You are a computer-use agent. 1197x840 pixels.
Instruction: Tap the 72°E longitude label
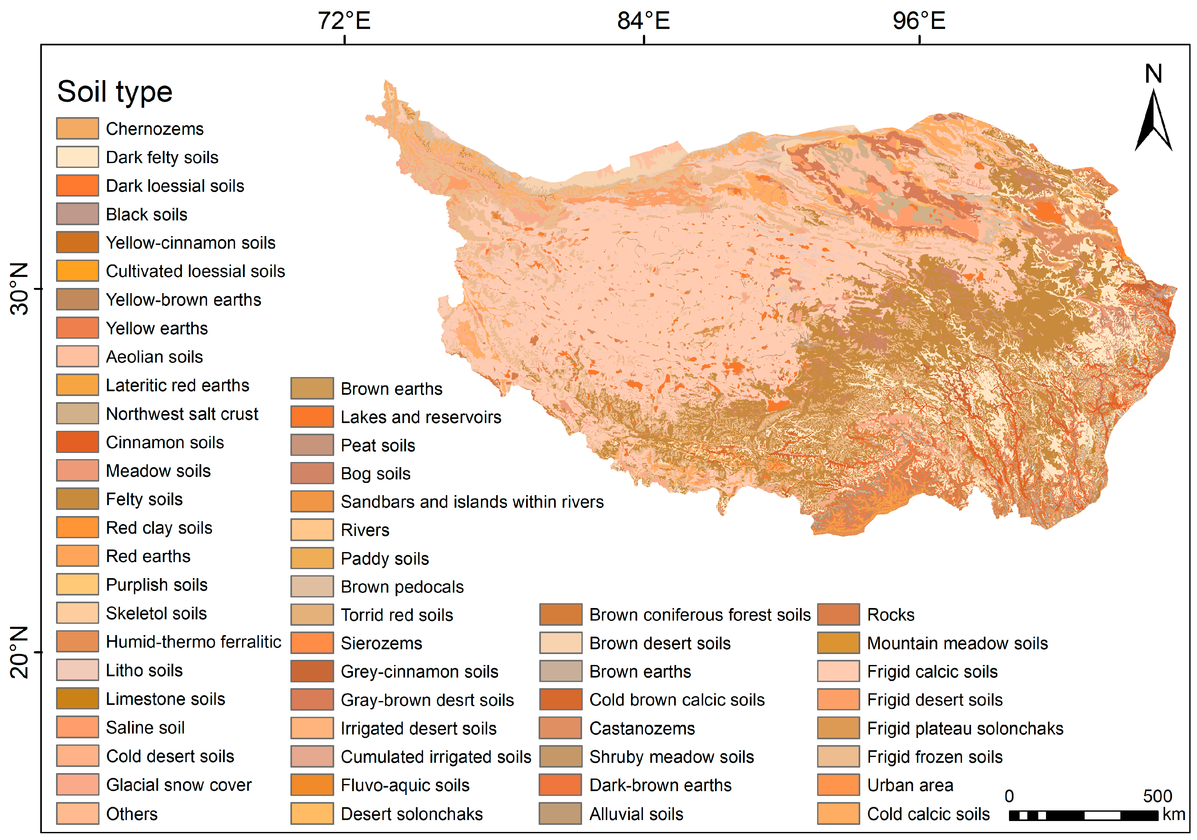point(344,21)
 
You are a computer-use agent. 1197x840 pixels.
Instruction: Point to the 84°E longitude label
point(643,21)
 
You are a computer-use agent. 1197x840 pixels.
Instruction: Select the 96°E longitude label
point(919,21)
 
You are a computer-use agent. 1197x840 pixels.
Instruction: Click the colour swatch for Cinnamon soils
point(77,442)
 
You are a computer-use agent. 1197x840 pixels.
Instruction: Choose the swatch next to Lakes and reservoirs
point(312,417)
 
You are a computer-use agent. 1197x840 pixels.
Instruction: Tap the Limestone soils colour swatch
point(77,698)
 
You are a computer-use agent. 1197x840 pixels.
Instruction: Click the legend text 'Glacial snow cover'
point(179,785)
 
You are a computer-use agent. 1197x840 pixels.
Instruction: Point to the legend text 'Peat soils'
point(378,446)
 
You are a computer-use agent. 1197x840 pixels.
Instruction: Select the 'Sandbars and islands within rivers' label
point(472,502)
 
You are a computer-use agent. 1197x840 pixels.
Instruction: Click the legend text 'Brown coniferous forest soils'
point(700,615)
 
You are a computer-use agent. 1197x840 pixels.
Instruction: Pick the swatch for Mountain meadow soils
point(838,643)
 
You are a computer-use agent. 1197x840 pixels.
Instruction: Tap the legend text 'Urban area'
point(910,785)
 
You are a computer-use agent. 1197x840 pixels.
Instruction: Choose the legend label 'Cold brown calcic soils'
point(677,700)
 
